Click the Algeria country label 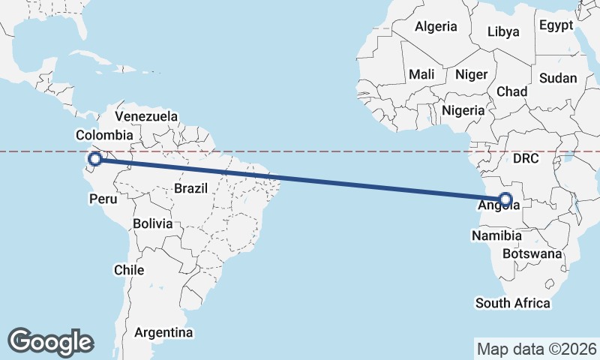tap(436, 26)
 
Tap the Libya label tap(502, 31)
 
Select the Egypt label tap(556, 25)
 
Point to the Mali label tap(421, 74)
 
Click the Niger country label tap(472, 74)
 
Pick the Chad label tap(511, 91)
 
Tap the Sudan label tap(558, 78)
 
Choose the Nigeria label tap(463, 110)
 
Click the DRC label tap(526, 158)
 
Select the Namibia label tap(496, 235)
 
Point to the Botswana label tap(532, 253)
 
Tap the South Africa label tap(513, 303)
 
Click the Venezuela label tap(146, 116)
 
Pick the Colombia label tap(104, 135)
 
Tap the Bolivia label tap(152, 223)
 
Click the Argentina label tap(163, 331)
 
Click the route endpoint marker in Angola tap(505, 199)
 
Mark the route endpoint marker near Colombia tap(95, 158)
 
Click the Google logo tap(50, 341)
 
